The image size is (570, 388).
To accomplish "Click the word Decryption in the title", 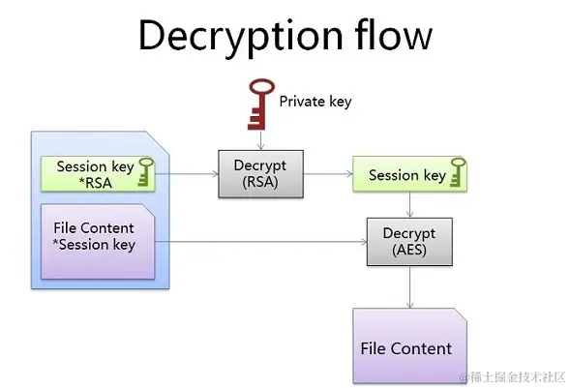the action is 241,37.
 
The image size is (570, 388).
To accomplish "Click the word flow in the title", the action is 394,34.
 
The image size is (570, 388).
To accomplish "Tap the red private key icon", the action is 261,104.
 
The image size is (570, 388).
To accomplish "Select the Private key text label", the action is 315,102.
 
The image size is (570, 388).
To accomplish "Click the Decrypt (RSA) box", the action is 260,174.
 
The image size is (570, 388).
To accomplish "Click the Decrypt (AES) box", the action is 409,242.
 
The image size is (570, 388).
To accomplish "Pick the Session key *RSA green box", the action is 98,174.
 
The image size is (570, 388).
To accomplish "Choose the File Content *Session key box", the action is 98,242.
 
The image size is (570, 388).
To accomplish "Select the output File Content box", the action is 409,345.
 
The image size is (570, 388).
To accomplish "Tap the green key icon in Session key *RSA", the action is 146,172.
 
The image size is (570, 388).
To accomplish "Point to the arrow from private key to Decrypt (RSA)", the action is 260,140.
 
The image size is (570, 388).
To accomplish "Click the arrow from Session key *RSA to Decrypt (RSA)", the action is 187,174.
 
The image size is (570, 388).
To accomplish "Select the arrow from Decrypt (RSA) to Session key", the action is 328,174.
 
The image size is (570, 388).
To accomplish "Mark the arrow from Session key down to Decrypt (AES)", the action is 410,205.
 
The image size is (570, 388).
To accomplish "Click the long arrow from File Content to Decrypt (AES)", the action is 261,242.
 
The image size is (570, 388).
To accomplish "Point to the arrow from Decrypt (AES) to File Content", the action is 410,287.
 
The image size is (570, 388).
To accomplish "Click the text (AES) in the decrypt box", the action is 409,250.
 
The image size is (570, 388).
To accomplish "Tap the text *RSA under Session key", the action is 95,183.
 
